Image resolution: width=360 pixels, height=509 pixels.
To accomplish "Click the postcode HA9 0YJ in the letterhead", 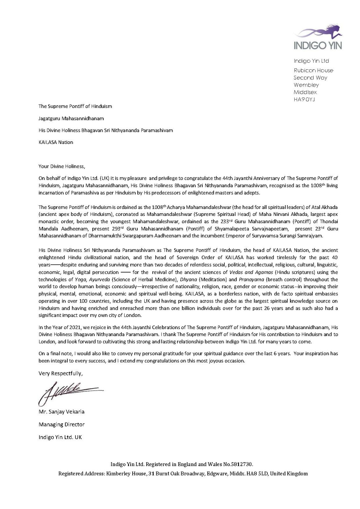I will (304, 99).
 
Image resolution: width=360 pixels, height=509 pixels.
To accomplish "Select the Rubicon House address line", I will (313, 70).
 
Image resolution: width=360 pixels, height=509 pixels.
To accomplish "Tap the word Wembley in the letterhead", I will (306, 85).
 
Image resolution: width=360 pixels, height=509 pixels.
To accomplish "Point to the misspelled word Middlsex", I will (305, 92).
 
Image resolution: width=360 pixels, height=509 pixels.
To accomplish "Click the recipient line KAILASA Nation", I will (56, 142).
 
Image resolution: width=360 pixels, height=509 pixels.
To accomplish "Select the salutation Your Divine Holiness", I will (62, 166).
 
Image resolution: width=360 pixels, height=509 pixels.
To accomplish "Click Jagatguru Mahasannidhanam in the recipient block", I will (71, 118).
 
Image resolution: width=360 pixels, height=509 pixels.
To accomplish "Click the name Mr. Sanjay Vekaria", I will (61, 412).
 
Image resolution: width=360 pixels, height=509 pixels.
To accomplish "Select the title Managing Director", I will (61, 424).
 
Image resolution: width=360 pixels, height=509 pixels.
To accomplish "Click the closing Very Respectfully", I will (60, 373).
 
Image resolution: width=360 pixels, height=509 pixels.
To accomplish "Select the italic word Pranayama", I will (251, 279).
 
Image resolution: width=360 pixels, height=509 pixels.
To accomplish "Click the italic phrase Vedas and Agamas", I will (251, 272).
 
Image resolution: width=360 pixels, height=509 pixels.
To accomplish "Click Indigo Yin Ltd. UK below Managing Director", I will (60, 437).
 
